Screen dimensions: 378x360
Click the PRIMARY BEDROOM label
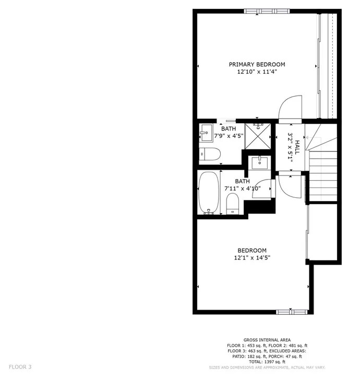pos(257,64)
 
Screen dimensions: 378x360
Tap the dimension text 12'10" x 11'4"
pos(257,72)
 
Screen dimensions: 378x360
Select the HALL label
pos(297,147)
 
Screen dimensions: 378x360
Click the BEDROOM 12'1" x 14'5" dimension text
pos(252,257)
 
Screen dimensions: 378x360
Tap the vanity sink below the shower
pos(259,163)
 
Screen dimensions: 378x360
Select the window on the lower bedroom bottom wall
pos(291,312)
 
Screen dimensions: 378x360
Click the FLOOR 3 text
pos(20,367)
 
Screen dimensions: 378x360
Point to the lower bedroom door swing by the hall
pos(289,186)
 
